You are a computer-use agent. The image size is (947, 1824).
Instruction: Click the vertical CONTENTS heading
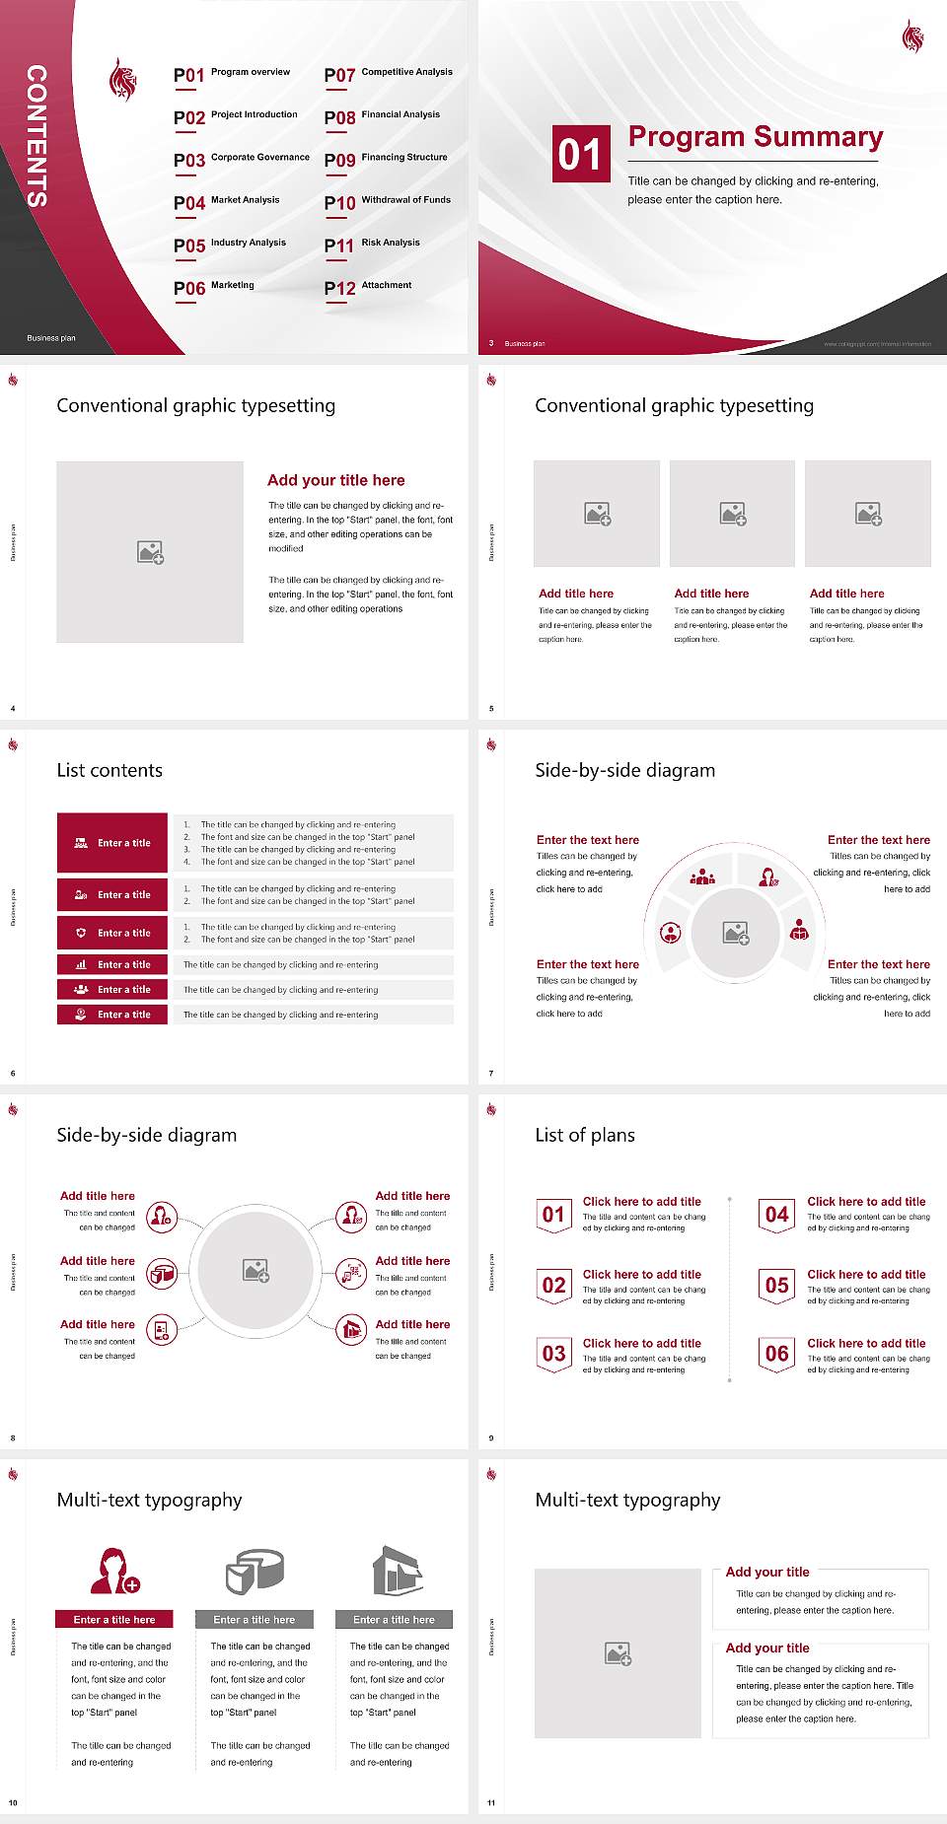pyautogui.click(x=36, y=136)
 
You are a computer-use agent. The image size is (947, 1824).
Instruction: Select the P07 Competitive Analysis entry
pyautogui.click(x=388, y=74)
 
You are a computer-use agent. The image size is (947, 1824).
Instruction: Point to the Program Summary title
pyautogui.click(x=755, y=137)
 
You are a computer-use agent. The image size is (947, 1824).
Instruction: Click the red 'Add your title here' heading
pyautogui.click(x=335, y=480)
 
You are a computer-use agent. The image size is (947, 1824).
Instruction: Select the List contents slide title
pyautogui.click(x=109, y=770)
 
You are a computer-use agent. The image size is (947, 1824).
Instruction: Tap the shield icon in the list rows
pyautogui.click(x=81, y=933)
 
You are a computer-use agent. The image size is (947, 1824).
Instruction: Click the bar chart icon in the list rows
pyautogui.click(x=81, y=964)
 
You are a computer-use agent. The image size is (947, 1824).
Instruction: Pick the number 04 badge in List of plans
pyautogui.click(x=777, y=1215)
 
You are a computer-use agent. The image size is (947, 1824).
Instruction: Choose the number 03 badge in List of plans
pyautogui.click(x=554, y=1355)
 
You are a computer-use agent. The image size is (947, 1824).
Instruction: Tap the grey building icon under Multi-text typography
pyautogui.click(x=398, y=1571)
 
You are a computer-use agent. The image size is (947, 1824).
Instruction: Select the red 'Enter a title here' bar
pyautogui.click(x=114, y=1620)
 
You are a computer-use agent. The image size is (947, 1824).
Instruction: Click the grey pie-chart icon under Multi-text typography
pyautogui.click(x=255, y=1571)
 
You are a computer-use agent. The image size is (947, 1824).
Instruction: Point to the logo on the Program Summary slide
pyautogui.click(x=912, y=36)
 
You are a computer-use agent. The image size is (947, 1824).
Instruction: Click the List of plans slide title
pyautogui.click(x=585, y=1135)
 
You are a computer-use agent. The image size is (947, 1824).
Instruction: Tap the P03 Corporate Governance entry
pyautogui.click(x=242, y=159)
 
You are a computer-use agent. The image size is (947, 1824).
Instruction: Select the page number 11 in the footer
pyautogui.click(x=491, y=1803)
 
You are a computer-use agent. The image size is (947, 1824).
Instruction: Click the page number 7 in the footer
pyautogui.click(x=491, y=1074)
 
